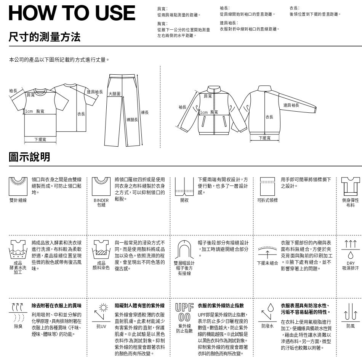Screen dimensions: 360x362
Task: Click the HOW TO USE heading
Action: tap(72, 13)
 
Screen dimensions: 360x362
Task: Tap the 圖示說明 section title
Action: tap(29, 157)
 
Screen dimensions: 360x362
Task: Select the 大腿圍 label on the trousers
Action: tap(114, 94)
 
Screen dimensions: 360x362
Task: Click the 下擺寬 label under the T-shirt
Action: tap(40, 140)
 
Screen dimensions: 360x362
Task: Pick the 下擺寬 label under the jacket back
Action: tap(264, 138)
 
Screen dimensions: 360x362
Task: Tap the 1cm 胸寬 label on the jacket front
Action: tap(209, 112)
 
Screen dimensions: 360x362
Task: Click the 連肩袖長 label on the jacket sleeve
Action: tap(291, 105)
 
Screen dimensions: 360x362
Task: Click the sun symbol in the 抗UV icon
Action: tap(103, 308)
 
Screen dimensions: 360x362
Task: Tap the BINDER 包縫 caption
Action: tap(101, 203)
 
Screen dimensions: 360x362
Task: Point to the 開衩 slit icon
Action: tap(184, 187)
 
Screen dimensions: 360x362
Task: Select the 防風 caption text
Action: tap(350, 326)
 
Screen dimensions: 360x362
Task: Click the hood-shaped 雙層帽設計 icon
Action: tap(184, 250)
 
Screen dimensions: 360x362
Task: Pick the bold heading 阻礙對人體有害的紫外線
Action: tap(139, 306)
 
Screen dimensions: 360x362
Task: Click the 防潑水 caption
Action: tap(267, 326)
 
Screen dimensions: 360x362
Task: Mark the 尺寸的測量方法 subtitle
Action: tap(45, 37)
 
